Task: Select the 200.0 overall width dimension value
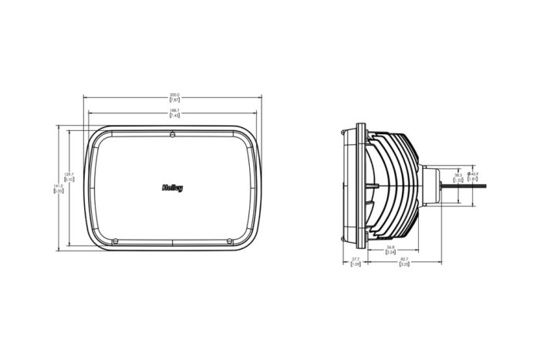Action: [174, 96]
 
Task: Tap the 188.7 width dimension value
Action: [174, 110]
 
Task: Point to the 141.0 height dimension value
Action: [57, 186]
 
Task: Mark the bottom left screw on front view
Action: [114, 237]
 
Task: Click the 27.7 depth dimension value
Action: [356, 259]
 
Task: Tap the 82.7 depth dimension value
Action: [405, 259]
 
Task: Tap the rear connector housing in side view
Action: [430, 185]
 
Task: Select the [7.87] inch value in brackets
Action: [174, 101]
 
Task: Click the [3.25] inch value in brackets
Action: [405, 264]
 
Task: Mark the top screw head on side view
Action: [343, 131]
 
